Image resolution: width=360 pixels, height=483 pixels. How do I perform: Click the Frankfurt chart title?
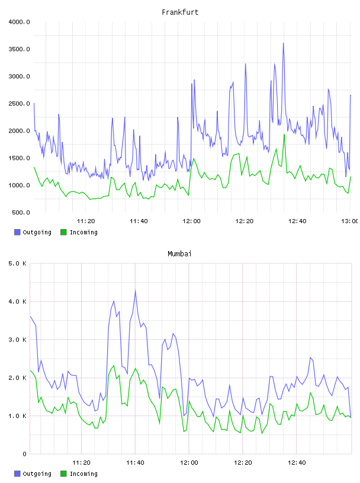[180, 12]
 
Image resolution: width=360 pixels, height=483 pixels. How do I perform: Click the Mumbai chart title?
[179, 253]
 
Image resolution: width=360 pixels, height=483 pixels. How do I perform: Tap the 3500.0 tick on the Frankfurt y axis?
[19, 49]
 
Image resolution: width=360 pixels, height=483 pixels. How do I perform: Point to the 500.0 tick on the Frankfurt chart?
[21, 212]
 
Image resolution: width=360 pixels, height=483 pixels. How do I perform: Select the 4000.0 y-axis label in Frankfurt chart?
[19, 22]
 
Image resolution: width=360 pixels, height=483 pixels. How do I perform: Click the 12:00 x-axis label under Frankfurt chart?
[191, 221]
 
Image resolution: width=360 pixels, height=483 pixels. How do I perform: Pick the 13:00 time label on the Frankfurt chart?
[349, 221]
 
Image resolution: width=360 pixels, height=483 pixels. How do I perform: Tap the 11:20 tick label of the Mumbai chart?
[81, 462]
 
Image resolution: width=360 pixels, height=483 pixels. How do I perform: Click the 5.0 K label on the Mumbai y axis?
[18, 263]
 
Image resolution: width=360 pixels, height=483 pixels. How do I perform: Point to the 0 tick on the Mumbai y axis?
[25, 454]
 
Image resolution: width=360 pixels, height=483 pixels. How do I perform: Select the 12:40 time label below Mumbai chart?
[297, 462]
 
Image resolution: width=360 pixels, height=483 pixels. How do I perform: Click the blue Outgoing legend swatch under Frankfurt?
[17, 232]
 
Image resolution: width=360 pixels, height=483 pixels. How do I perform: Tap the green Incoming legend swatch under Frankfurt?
[63, 232]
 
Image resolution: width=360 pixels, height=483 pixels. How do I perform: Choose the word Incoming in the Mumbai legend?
[83, 474]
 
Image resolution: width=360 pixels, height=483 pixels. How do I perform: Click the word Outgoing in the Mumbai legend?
[37, 474]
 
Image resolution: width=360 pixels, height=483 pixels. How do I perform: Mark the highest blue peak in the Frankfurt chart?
[283, 43]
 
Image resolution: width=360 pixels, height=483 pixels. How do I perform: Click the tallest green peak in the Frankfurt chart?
[284, 134]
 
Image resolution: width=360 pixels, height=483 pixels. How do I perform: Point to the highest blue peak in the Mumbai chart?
[135, 290]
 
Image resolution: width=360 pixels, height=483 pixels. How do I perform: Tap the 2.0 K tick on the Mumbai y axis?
[18, 378]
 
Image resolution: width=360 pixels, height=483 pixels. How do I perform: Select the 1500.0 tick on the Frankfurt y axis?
[19, 158]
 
